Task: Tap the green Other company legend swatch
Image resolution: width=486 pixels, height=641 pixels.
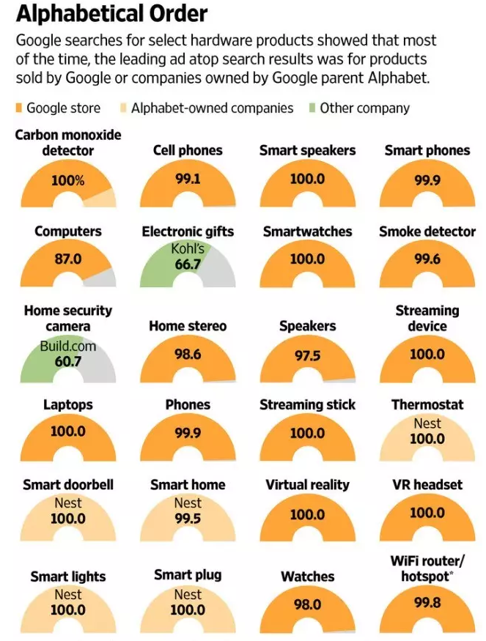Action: point(311,108)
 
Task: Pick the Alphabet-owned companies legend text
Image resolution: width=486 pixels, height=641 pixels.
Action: point(212,108)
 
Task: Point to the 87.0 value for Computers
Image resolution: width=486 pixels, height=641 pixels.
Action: point(67,259)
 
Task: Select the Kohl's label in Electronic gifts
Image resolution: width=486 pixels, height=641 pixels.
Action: point(188,249)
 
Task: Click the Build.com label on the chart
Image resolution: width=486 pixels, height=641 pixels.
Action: point(67,345)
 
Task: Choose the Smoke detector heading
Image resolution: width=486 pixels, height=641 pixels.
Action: point(427,231)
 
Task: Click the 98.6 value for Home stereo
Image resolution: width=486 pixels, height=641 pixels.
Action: point(188,354)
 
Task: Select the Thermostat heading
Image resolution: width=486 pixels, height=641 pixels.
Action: point(427,404)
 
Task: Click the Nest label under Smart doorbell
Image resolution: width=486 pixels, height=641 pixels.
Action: point(67,503)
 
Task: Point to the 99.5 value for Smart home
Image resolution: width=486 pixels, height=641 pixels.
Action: point(188,519)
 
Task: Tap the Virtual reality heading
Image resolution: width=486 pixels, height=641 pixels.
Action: point(307,485)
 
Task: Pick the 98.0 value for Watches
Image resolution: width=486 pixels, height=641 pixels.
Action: point(307,605)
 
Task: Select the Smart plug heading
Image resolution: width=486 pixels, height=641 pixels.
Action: point(188,574)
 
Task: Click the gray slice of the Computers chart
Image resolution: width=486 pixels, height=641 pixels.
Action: point(103,278)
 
